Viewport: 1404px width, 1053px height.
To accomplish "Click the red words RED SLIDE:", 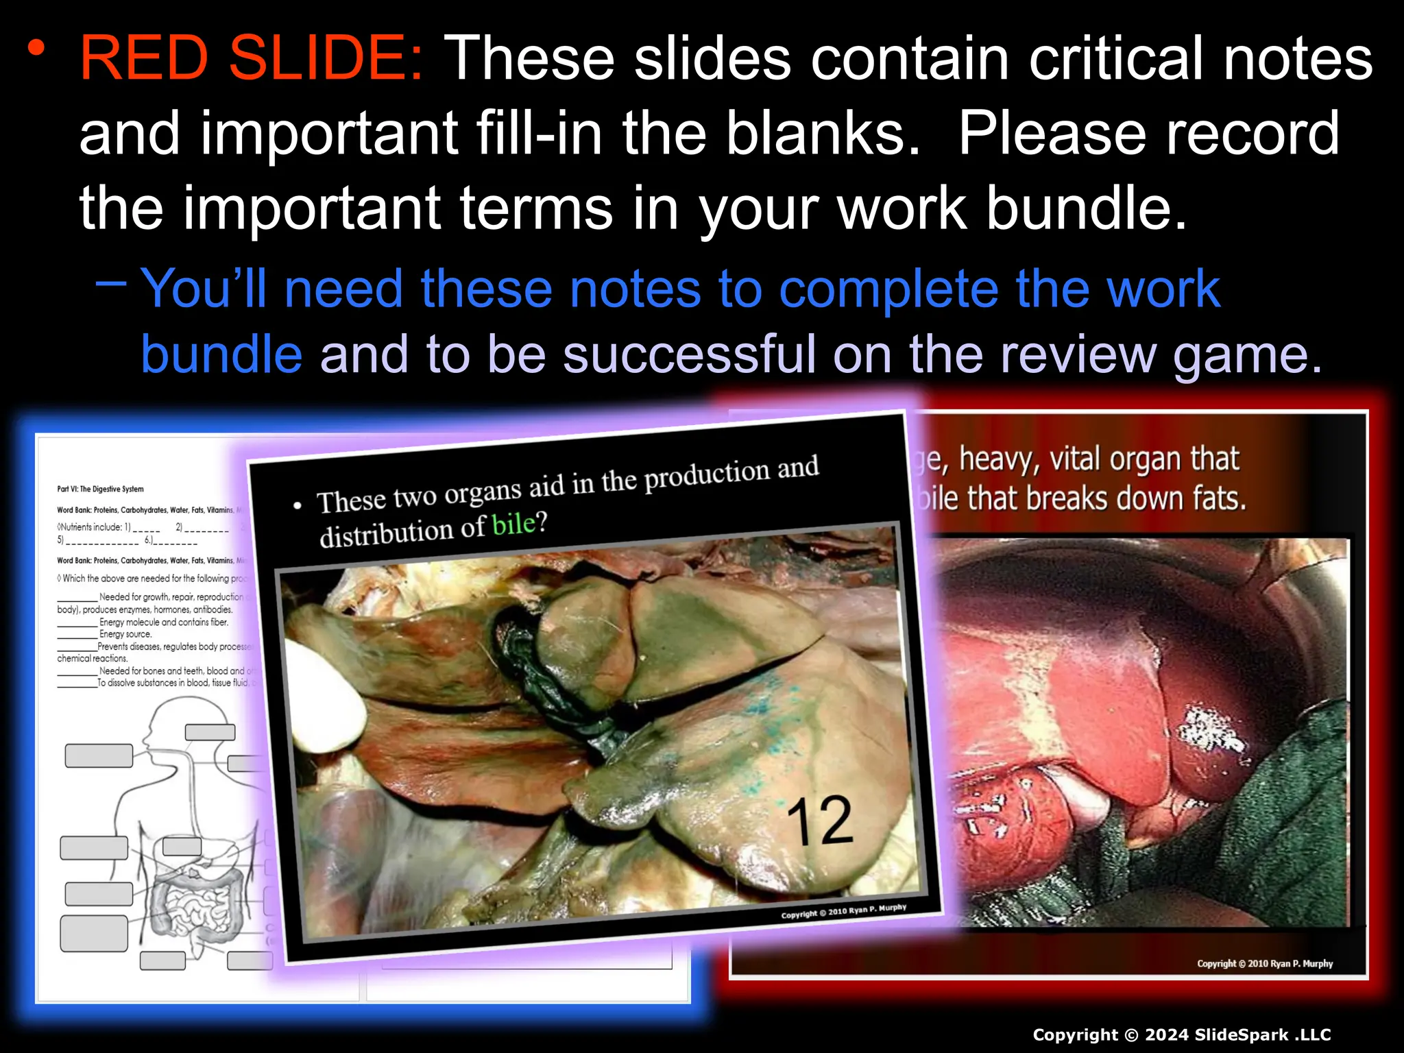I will click(x=252, y=59).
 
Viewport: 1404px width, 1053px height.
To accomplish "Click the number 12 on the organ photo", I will click(x=819, y=821).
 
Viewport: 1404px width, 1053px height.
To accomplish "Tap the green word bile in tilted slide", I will click(x=513, y=525).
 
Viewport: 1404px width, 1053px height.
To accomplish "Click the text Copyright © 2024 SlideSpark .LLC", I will click(x=1181, y=1034).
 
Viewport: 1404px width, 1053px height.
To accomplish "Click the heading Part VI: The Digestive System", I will click(x=100, y=489).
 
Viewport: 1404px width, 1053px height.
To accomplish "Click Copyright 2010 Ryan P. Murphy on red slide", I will click(x=1264, y=963).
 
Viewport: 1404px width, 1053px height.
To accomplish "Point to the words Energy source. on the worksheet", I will click(x=125, y=634).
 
